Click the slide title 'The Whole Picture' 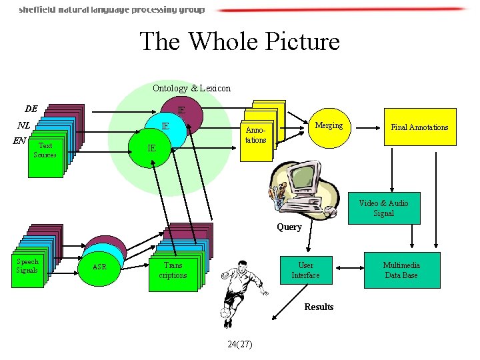tap(239, 41)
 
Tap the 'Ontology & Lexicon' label tap(191, 88)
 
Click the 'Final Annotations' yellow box tap(419, 127)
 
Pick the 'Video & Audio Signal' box tap(383, 208)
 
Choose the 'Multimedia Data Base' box tap(401, 270)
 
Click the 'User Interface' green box tap(305, 270)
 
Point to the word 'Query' tap(289, 227)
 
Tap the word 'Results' tap(319, 307)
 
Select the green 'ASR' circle tap(99, 267)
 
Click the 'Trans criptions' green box tap(173, 271)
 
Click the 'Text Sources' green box tap(45, 151)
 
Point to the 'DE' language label tap(31, 109)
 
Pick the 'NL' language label tap(24, 125)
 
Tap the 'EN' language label tap(19, 141)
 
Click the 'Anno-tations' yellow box tap(255, 136)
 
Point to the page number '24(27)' tap(239, 344)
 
